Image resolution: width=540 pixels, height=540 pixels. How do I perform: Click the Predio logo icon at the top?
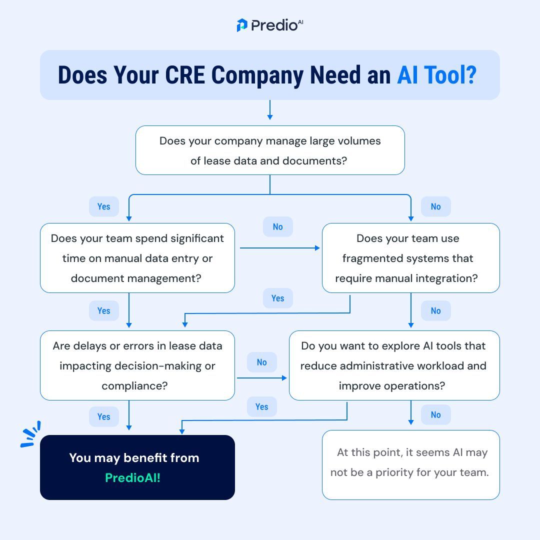click(x=242, y=25)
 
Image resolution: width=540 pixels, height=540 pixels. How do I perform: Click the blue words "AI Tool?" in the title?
click(x=436, y=75)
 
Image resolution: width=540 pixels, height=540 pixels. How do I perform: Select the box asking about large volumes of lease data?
click(x=270, y=150)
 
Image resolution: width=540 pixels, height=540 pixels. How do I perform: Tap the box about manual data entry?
click(x=137, y=258)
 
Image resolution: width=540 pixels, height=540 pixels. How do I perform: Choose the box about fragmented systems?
click(x=410, y=258)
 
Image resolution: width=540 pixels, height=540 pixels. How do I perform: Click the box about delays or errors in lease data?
click(x=137, y=365)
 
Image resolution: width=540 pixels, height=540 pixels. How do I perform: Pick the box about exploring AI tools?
click(x=394, y=365)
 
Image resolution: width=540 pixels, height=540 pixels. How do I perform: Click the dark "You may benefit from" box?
click(x=137, y=467)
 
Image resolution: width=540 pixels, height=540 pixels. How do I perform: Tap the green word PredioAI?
click(x=133, y=477)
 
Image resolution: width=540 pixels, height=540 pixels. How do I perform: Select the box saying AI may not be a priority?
click(x=410, y=464)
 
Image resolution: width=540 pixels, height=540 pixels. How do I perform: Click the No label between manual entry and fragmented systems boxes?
click(x=278, y=226)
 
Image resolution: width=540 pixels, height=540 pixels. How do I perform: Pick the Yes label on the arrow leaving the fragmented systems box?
click(x=278, y=298)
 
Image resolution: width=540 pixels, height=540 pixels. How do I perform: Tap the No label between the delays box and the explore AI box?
click(x=262, y=362)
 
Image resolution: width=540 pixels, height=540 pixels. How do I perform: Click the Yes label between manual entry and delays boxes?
click(x=104, y=310)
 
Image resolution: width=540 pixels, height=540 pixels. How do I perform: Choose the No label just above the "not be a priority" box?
click(x=436, y=414)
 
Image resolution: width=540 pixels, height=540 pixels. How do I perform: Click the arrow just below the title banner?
click(x=270, y=110)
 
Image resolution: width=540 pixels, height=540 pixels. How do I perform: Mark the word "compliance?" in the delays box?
click(x=134, y=385)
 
